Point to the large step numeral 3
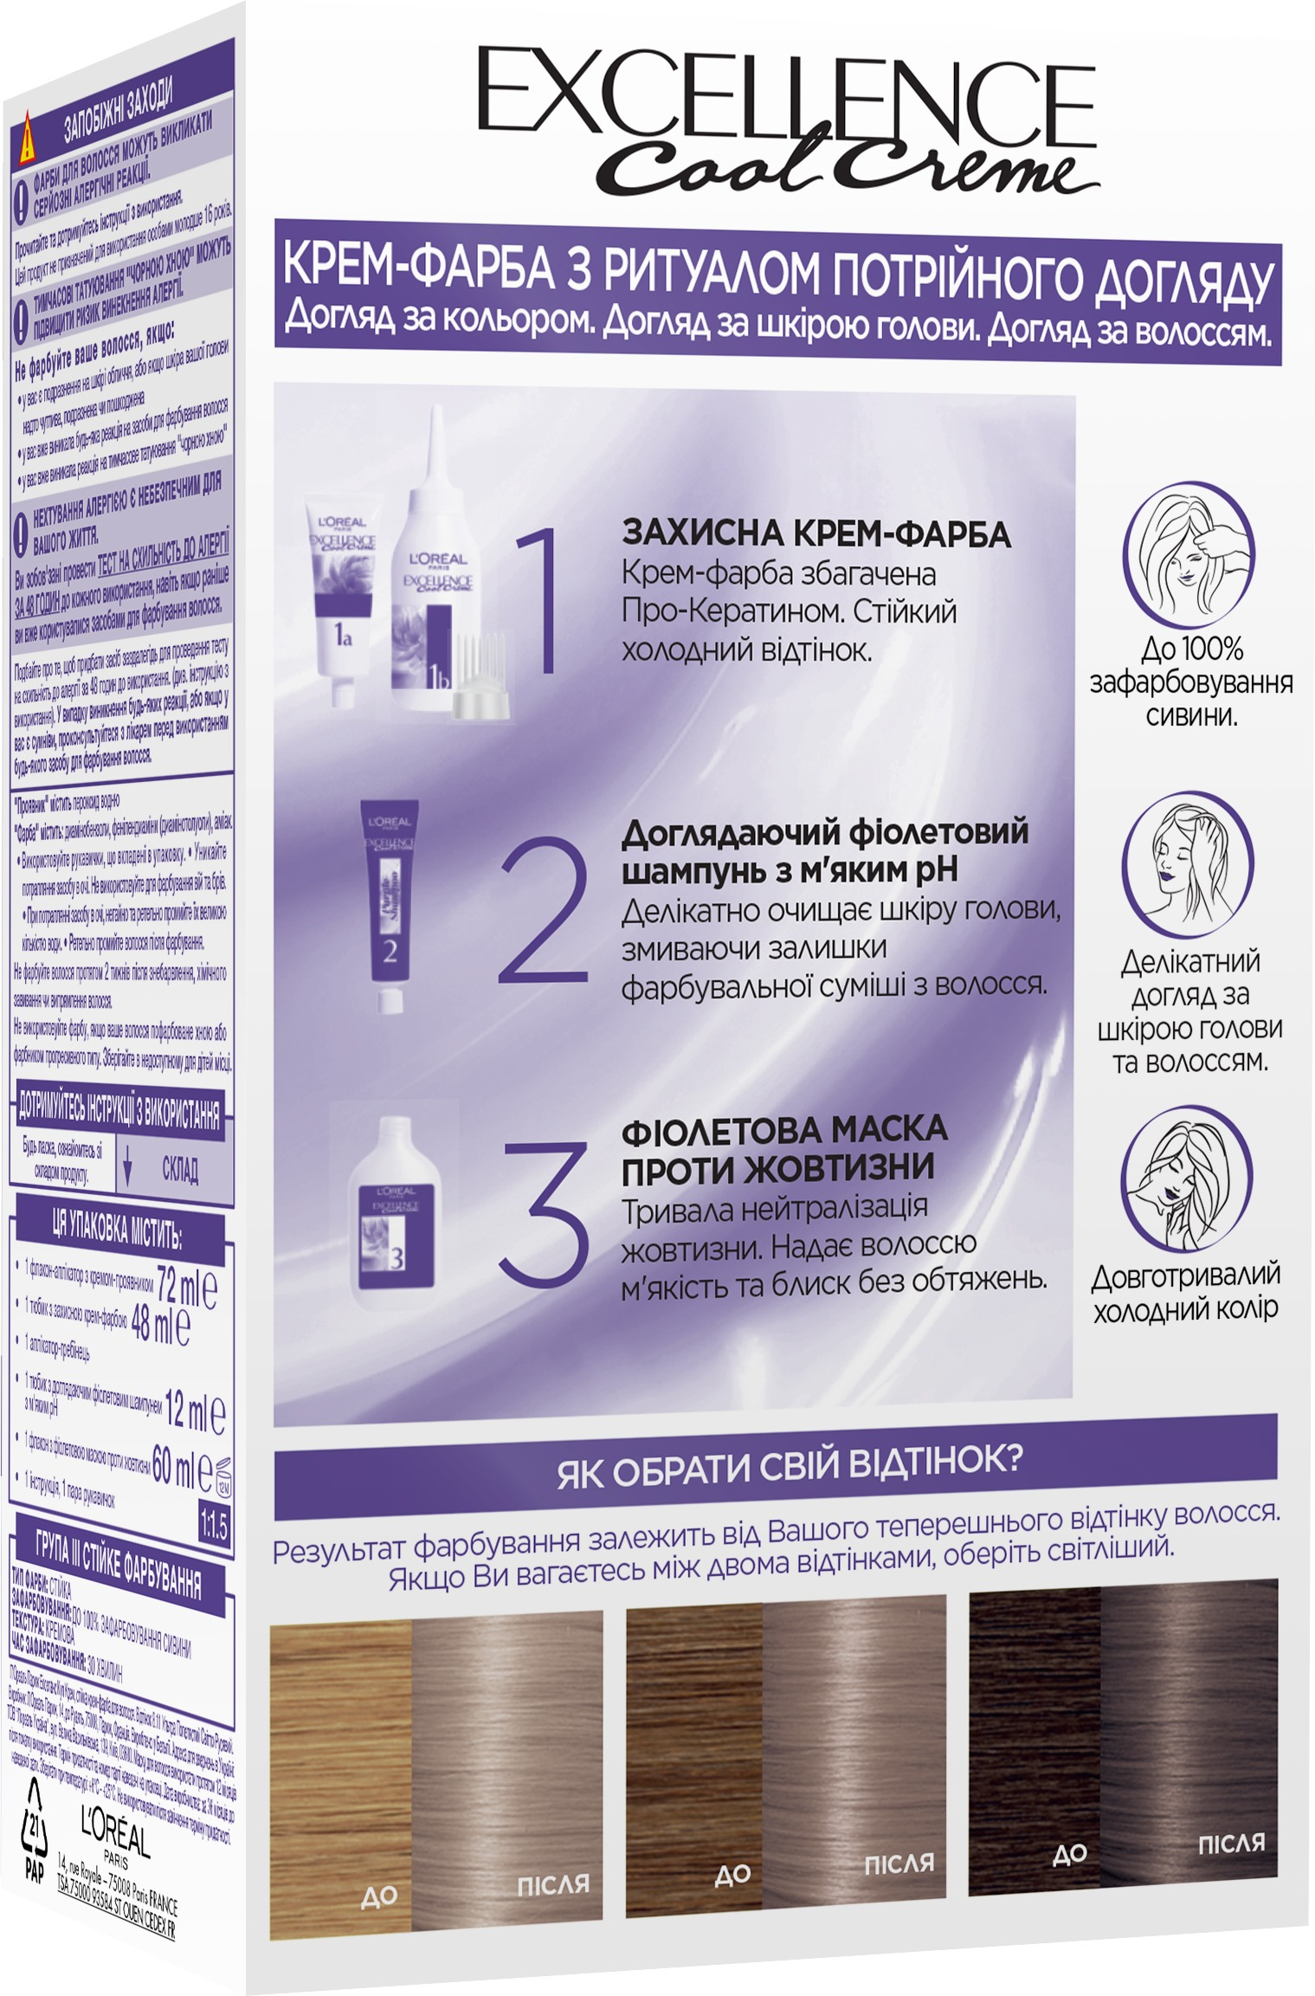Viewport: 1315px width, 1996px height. click(x=545, y=1211)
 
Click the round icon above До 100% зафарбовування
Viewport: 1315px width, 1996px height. click(x=1188, y=554)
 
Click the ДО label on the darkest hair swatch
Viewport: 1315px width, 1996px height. click(x=1070, y=1854)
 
